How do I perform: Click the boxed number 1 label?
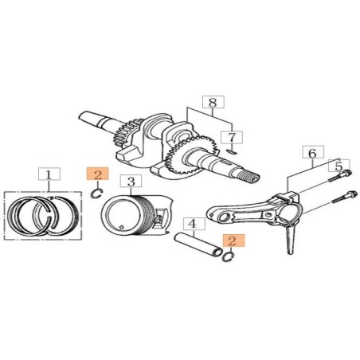click(x=49, y=174)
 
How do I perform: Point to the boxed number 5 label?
click(x=338, y=166)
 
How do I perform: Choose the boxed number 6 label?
click(x=312, y=152)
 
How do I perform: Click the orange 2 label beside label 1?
click(x=96, y=174)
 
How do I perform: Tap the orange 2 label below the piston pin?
click(x=233, y=240)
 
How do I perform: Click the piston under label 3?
click(x=135, y=215)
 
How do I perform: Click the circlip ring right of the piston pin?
click(x=226, y=256)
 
